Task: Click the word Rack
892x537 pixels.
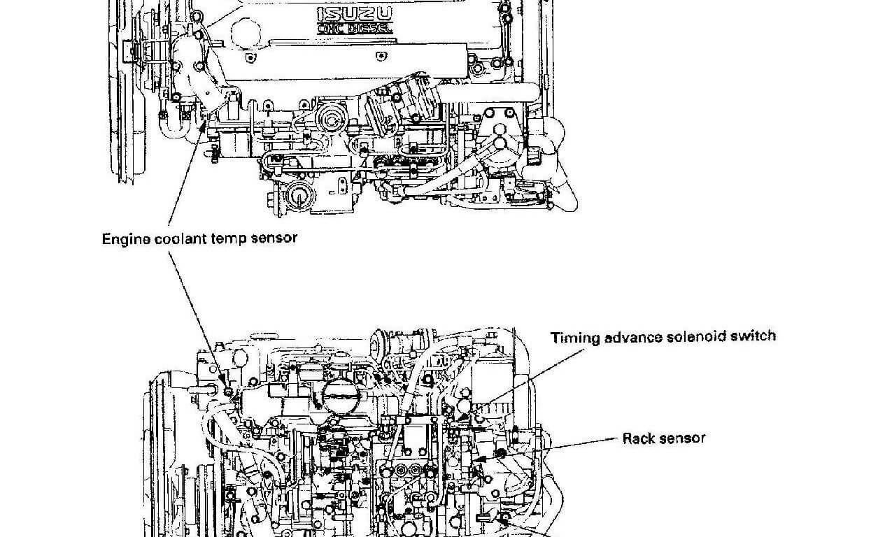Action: pyautogui.click(x=638, y=438)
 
